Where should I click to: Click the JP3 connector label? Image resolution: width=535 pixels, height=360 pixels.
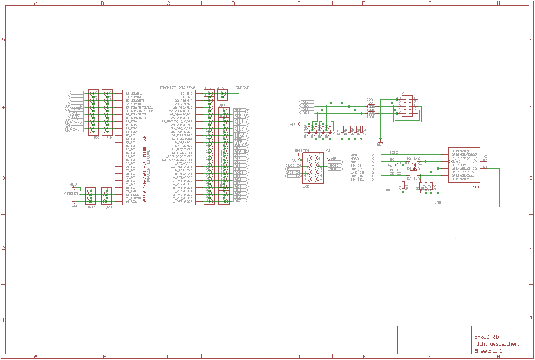(95, 137)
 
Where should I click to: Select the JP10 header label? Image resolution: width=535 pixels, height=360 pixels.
(108, 137)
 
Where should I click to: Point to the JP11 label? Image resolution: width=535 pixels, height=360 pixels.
(91, 207)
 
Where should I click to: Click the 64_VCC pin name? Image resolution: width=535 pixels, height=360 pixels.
(132, 202)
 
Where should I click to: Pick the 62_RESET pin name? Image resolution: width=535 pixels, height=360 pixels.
(133, 195)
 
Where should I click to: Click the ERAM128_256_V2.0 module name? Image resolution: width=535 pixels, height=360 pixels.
(177, 88)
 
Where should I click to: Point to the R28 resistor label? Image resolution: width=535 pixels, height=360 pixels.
(369, 99)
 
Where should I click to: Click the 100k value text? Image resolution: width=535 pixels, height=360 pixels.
(371, 117)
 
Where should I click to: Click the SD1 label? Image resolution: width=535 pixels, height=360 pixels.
(476, 187)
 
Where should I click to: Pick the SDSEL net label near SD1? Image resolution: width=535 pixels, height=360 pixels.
(390, 190)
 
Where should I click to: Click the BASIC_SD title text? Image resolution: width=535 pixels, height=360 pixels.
(487, 336)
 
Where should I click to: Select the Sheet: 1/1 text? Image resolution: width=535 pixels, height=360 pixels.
(488, 350)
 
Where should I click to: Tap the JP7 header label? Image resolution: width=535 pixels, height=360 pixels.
(222, 105)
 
